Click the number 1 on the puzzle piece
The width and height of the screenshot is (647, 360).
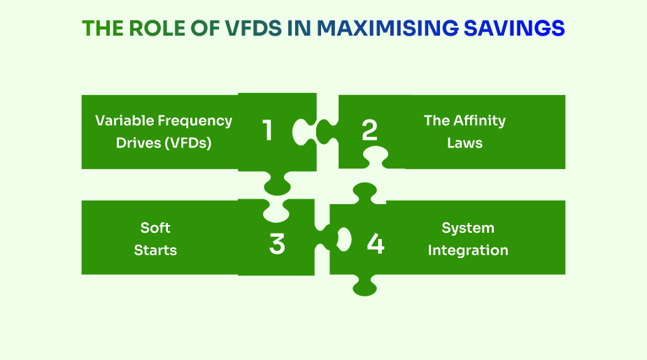(267, 131)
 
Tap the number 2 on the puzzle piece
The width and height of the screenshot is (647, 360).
(369, 131)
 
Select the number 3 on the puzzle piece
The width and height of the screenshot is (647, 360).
(277, 244)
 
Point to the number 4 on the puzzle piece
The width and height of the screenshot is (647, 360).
(376, 244)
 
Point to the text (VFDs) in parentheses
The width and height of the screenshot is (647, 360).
(187, 143)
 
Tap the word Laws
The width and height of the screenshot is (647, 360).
(464, 143)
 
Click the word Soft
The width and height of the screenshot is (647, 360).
(155, 228)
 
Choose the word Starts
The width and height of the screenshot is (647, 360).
(155, 250)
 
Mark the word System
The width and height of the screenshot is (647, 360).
(468, 228)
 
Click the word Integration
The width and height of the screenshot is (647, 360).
(468, 250)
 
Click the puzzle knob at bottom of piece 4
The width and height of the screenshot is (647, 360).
(364, 285)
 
